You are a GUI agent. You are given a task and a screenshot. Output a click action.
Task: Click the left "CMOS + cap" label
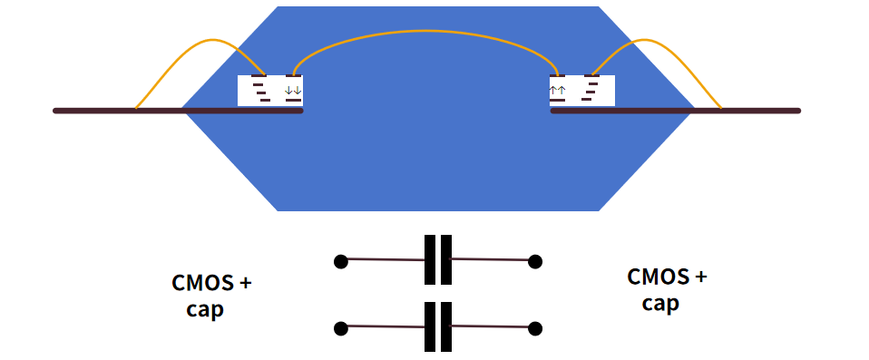click(x=211, y=296)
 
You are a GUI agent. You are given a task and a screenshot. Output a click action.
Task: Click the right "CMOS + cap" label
click(x=667, y=289)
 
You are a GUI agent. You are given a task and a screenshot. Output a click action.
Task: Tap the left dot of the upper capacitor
click(x=340, y=261)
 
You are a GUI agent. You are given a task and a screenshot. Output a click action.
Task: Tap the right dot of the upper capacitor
click(x=535, y=261)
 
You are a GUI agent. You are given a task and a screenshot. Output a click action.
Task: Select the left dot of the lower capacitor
click(x=340, y=327)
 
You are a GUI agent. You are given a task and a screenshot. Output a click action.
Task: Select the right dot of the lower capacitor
click(x=535, y=327)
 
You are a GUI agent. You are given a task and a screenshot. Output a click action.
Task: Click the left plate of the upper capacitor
click(x=430, y=260)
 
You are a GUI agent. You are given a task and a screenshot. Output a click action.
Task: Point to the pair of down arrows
click(x=293, y=91)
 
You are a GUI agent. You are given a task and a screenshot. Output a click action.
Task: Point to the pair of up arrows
click(x=558, y=90)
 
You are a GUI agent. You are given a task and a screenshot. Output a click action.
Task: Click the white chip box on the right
click(x=582, y=90)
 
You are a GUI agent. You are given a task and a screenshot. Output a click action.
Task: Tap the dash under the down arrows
click(x=293, y=100)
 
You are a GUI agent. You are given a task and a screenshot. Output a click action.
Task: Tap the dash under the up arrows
click(x=558, y=100)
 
